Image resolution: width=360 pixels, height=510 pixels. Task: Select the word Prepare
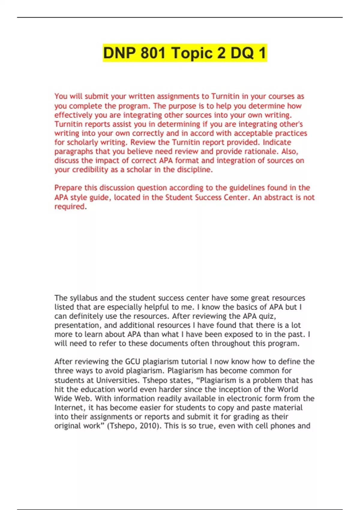(x=68, y=188)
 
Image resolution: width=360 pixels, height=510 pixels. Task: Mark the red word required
(x=70, y=207)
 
